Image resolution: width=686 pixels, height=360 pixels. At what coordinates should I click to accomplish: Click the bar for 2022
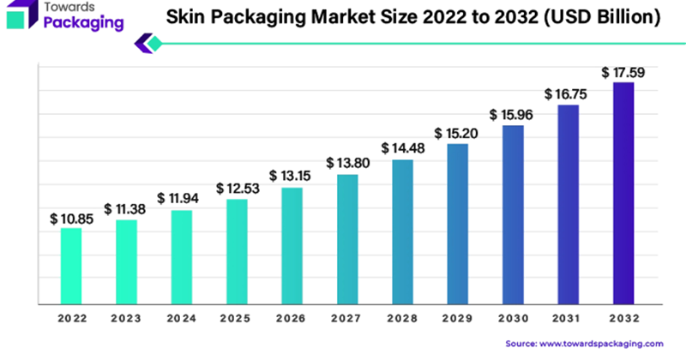[x=71, y=266]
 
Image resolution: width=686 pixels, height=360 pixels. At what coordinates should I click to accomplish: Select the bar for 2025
[x=237, y=252]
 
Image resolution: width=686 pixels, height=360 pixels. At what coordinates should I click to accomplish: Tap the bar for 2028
[x=403, y=231]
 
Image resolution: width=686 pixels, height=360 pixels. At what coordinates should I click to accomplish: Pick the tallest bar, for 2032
[x=623, y=193]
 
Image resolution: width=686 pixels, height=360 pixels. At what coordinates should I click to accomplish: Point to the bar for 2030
[x=513, y=214]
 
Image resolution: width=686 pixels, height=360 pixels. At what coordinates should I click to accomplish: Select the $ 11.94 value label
[x=181, y=200]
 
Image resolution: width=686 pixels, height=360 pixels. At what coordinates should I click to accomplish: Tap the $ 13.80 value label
[x=347, y=163]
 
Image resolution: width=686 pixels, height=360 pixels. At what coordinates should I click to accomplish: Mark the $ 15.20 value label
[x=458, y=133]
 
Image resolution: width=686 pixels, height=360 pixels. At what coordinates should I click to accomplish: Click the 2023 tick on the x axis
[x=126, y=319]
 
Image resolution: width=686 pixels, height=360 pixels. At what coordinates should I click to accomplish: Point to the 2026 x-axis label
[x=292, y=319]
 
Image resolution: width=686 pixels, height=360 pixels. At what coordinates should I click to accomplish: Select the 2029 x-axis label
[x=458, y=319]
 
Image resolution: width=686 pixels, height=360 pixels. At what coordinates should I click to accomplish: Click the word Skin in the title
[x=189, y=17]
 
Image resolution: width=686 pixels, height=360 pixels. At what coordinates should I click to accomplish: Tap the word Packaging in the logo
[x=82, y=23]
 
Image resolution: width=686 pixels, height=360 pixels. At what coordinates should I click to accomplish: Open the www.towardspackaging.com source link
[x=603, y=343]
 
